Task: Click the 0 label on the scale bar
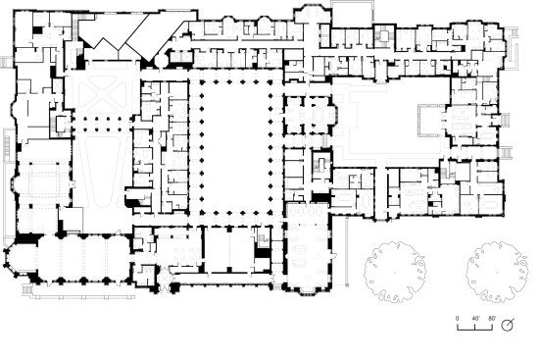click(x=458, y=318)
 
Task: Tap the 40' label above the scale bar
click(x=475, y=318)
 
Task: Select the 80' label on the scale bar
click(x=492, y=318)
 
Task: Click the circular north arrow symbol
click(x=507, y=325)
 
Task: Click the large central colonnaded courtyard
click(x=236, y=145)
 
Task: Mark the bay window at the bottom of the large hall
click(x=309, y=291)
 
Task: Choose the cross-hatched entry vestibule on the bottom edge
click(x=165, y=277)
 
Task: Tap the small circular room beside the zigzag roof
click(x=161, y=61)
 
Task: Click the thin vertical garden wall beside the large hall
click(x=347, y=251)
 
